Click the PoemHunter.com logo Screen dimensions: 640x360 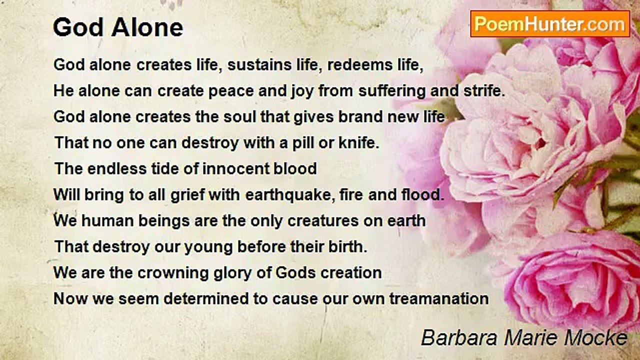(550, 24)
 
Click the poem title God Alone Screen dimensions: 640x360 (118, 27)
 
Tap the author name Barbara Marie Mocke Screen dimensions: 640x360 (524, 337)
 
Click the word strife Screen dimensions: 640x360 (484, 90)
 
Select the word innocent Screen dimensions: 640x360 (236, 168)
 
